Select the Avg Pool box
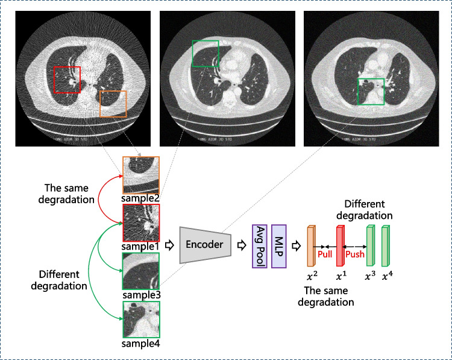[260, 245]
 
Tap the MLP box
[280, 245]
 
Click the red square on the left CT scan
[67, 80]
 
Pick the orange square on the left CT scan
[113, 103]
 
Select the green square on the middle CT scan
[205, 54]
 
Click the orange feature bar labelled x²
[312, 246]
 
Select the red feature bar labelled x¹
[340, 246]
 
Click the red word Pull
[325, 254]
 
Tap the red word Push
[354, 254]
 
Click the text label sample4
[142, 345]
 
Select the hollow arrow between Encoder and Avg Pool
[240, 245]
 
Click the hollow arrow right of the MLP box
[297, 245]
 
